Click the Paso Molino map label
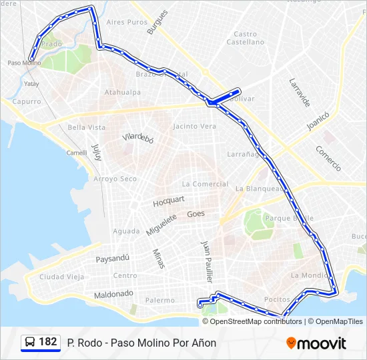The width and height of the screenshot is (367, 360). coord(24,63)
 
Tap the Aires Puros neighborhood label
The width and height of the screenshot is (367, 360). coord(126,22)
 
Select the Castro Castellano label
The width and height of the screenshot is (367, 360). coord(245,38)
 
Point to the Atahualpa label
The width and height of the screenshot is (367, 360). coord(122,92)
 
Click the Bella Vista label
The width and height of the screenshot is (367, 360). coord(87,127)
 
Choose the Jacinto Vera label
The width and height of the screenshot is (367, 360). coord(194,126)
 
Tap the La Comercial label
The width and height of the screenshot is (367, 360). coord(205,184)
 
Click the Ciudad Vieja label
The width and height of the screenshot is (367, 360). coord(61,277)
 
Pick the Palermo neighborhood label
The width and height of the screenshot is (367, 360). coord(160,300)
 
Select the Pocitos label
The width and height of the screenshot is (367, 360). coord(277,300)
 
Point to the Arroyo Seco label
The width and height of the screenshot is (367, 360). coord(115,179)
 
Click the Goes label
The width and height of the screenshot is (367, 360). coord(196,214)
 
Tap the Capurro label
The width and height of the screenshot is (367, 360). coord(27,102)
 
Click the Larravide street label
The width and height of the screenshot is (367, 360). coord(300,93)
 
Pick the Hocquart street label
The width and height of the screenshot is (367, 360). coord(169,200)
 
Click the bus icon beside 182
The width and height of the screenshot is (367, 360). coord(30,343)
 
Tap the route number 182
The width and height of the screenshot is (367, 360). coord(48,342)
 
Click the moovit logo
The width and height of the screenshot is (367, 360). coord(316,343)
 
